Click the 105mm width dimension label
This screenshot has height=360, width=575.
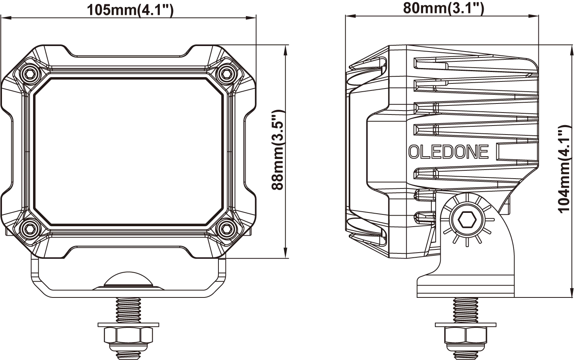tap(130, 10)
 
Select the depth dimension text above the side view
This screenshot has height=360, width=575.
tap(445, 7)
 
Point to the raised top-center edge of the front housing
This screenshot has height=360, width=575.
tap(129, 53)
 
